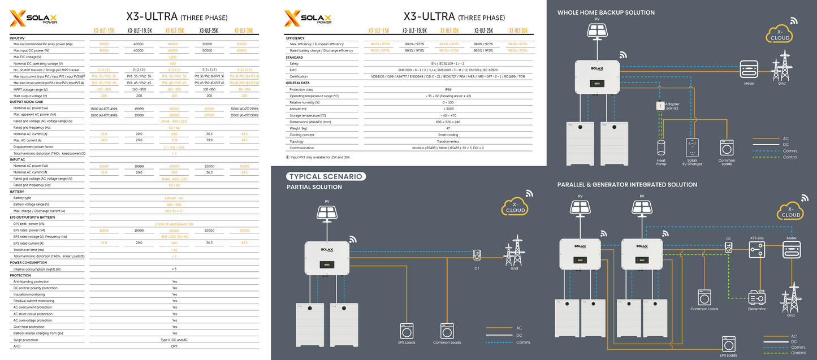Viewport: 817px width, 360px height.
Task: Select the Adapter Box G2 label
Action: [x=672, y=106]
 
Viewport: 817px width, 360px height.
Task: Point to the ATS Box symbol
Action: [x=757, y=249]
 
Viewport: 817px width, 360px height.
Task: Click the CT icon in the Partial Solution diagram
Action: [x=477, y=255]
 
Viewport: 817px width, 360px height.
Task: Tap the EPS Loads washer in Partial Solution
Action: [x=407, y=331]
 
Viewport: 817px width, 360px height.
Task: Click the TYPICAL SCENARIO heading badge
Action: [x=327, y=176]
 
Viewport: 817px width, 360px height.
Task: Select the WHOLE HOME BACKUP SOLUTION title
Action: [x=606, y=12]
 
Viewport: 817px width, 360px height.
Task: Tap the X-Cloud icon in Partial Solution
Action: [x=515, y=207]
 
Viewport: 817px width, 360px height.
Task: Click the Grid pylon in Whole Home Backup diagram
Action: [x=784, y=65]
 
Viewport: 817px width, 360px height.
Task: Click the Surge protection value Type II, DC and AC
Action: [x=174, y=340]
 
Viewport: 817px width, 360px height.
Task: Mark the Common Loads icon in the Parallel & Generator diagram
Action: [x=704, y=298]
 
